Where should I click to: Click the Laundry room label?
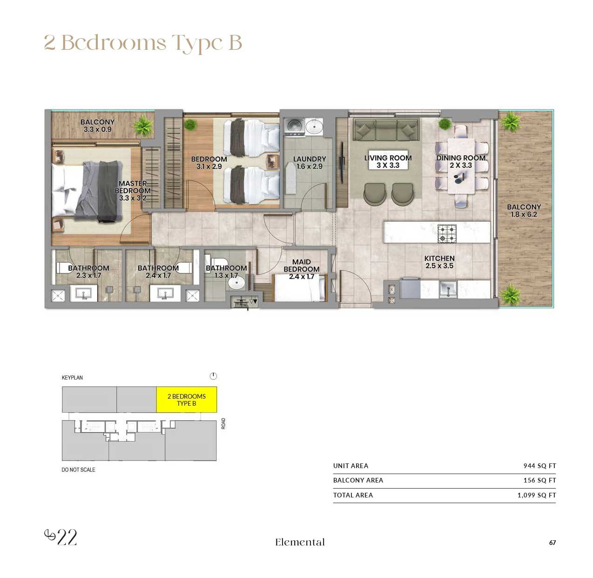[309, 163]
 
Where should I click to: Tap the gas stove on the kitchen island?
[447, 233]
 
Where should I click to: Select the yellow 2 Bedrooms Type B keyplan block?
[187, 399]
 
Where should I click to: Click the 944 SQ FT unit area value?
[539, 465]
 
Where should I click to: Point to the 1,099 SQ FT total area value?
[537, 495]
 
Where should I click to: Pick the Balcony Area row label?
[358, 480]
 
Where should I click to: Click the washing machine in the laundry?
[294, 127]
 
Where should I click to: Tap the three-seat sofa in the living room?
[386, 129]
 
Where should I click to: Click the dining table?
[461, 166]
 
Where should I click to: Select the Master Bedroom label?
[133, 190]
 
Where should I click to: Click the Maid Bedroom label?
[301, 269]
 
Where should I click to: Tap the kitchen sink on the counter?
[448, 289]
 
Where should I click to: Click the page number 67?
[553, 543]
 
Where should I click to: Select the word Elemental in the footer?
[300, 542]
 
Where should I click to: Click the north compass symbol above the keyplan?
[213, 376]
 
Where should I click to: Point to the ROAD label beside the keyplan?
[223, 423]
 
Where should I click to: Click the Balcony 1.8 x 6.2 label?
[524, 211]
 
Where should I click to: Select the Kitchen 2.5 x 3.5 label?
[439, 262]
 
